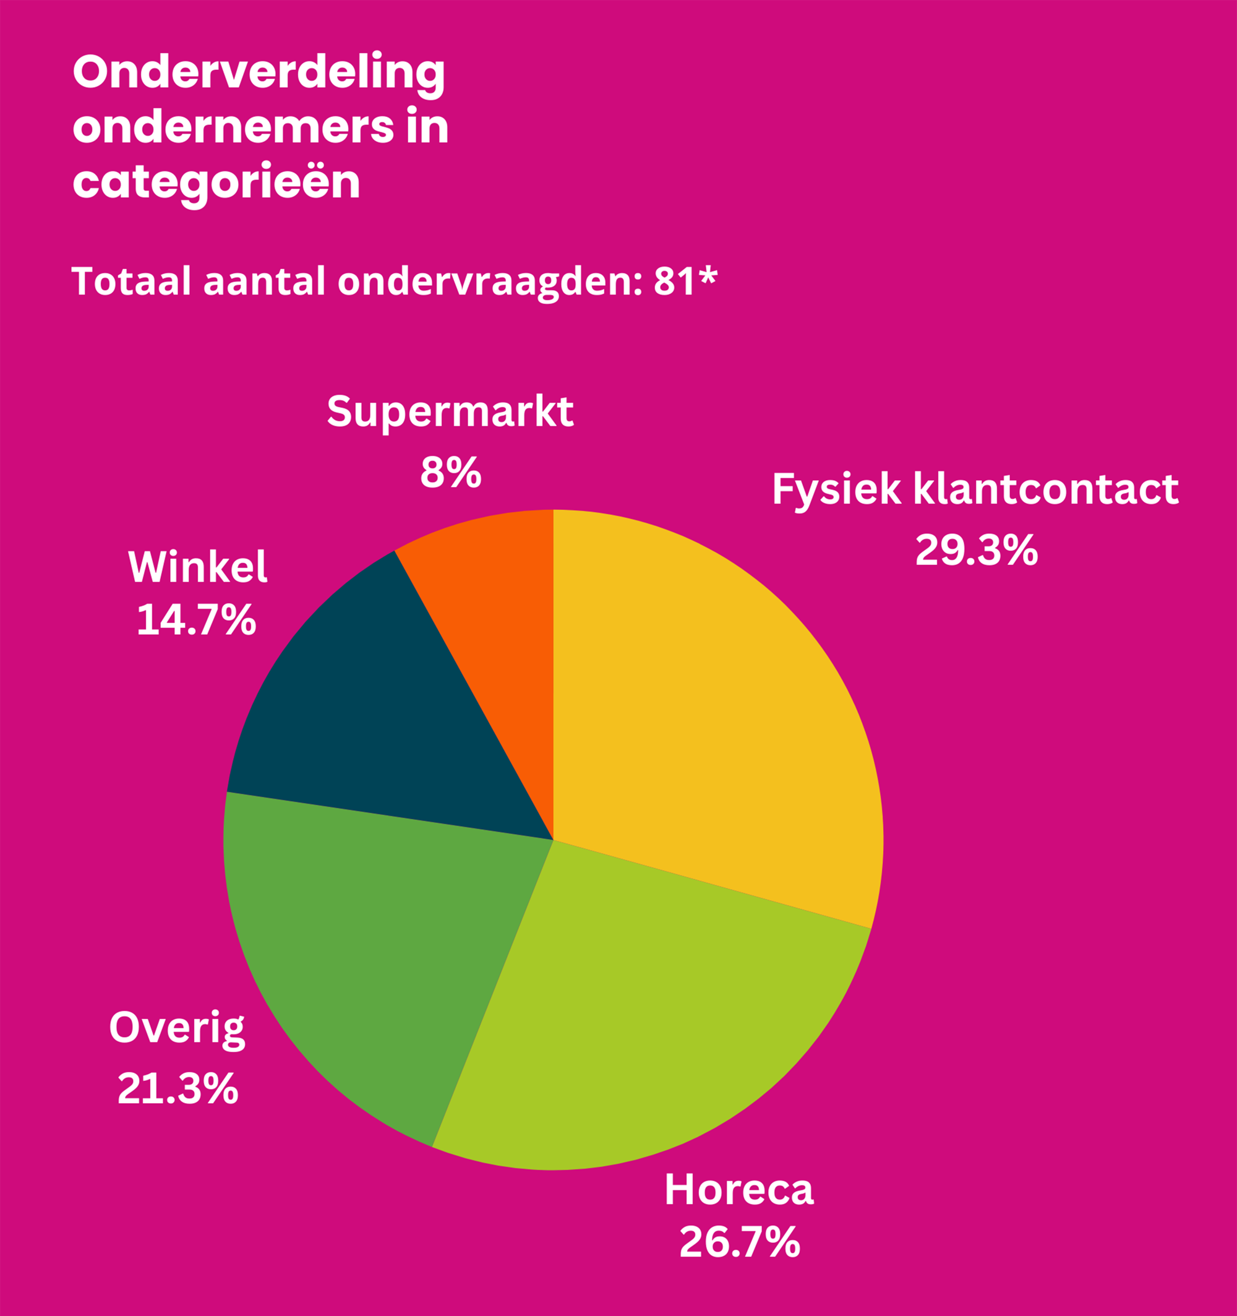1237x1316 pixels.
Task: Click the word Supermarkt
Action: point(450,411)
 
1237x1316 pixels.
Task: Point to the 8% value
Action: point(450,473)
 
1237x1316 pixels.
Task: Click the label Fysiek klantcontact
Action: point(975,490)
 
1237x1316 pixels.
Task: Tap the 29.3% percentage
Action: point(976,550)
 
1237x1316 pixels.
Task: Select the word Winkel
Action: point(197,567)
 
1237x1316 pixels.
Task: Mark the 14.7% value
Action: point(196,621)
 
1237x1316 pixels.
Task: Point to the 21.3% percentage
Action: point(178,1089)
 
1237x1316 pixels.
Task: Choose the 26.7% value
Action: point(739,1242)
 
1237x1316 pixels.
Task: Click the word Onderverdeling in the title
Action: point(259,73)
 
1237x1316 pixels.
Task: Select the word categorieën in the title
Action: point(216,182)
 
